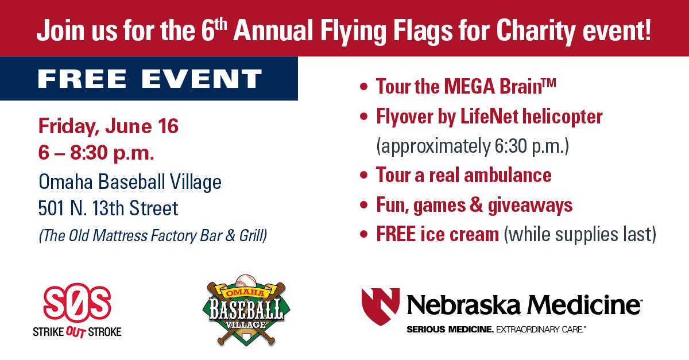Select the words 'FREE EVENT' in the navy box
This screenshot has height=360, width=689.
150,79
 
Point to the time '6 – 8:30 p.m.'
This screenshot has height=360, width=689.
96,153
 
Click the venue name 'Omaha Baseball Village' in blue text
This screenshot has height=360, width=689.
130,183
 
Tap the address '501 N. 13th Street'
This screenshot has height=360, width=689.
109,208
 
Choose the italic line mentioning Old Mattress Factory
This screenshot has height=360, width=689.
153,235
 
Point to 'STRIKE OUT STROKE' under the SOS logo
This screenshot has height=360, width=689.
77,332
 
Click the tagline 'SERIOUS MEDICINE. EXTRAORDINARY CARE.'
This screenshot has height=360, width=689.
495,330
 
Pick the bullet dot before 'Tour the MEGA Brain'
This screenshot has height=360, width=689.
362,88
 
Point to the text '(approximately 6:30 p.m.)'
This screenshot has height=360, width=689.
472,146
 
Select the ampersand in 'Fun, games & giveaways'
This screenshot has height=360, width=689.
478,204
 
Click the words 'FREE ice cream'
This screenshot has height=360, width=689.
437,234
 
